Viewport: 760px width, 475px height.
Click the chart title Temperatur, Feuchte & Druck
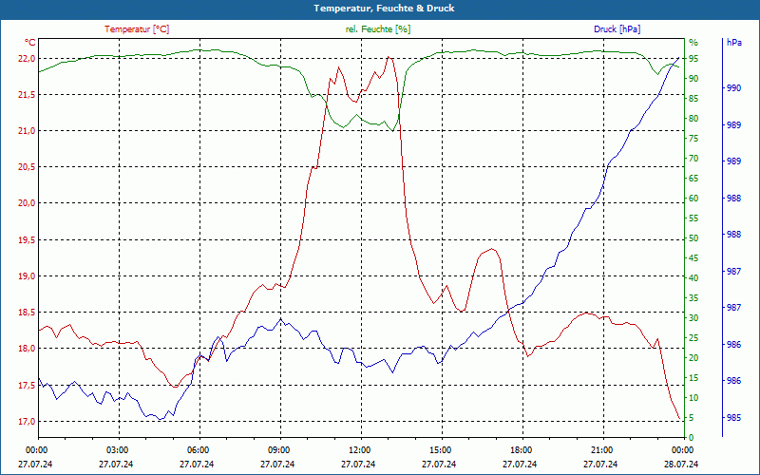(379, 8)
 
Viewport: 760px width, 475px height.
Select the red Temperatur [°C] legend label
(137, 29)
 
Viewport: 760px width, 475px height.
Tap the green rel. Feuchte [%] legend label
(378, 29)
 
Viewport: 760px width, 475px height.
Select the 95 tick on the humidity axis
(693, 58)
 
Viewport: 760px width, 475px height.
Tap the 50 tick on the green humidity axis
(693, 238)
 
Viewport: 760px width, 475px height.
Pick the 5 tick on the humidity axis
(692, 418)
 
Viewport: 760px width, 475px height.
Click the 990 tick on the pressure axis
(733, 88)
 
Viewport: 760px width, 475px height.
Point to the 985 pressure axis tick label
(733, 417)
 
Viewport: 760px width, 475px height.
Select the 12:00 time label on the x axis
(359, 449)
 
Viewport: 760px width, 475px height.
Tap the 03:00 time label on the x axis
(117, 449)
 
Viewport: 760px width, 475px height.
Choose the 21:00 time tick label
(601, 449)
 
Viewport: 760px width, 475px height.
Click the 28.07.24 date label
(681, 464)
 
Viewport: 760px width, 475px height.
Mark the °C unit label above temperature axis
(30, 43)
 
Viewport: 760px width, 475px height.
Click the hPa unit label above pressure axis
(733, 43)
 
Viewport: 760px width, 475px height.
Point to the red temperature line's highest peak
(389, 58)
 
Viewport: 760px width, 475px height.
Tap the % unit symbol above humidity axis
(693, 43)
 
